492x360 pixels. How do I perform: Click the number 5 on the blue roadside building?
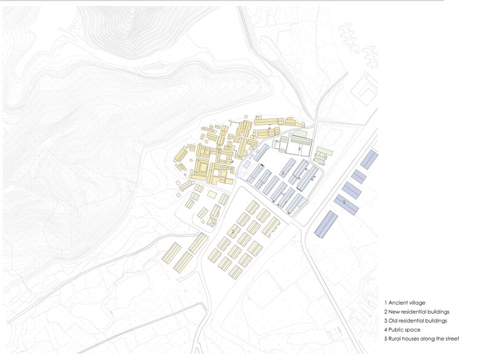(x=344, y=201)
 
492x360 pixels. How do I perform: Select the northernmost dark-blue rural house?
(x=369, y=159)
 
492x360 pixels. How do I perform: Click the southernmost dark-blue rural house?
(x=327, y=224)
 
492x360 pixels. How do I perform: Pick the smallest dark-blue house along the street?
(x=359, y=177)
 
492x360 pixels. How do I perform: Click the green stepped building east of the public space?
(x=322, y=154)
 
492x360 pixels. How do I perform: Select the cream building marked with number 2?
(x=234, y=231)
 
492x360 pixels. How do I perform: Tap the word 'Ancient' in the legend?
(x=399, y=303)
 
